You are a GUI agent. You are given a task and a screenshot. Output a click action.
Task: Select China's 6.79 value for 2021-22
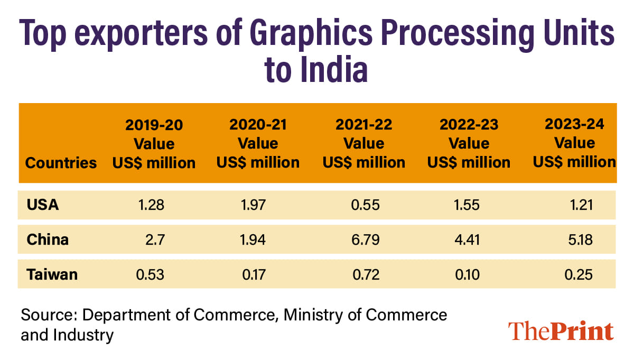coord(365,239)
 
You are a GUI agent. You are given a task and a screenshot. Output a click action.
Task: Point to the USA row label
coord(43,205)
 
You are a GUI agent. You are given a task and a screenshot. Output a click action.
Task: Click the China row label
coord(48,239)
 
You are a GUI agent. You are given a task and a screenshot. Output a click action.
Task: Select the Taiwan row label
coord(52,274)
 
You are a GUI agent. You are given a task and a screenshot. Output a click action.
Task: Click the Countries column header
coord(61,163)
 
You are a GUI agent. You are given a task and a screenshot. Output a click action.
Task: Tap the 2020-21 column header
coord(258,143)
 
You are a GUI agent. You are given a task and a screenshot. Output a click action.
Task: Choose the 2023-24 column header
coord(574,143)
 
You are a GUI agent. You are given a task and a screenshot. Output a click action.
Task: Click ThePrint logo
coord(561,331)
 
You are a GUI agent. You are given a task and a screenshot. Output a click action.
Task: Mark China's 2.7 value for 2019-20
coord(156,239)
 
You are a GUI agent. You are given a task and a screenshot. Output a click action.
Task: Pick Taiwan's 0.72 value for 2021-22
coord(365,274)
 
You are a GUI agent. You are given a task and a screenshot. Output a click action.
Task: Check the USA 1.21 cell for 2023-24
coord(579,205)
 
